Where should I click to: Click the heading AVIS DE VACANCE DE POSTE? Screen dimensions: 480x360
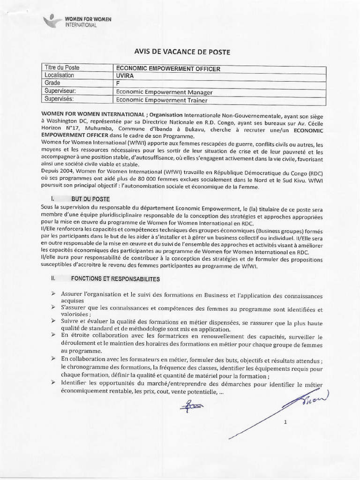(180, 52)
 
